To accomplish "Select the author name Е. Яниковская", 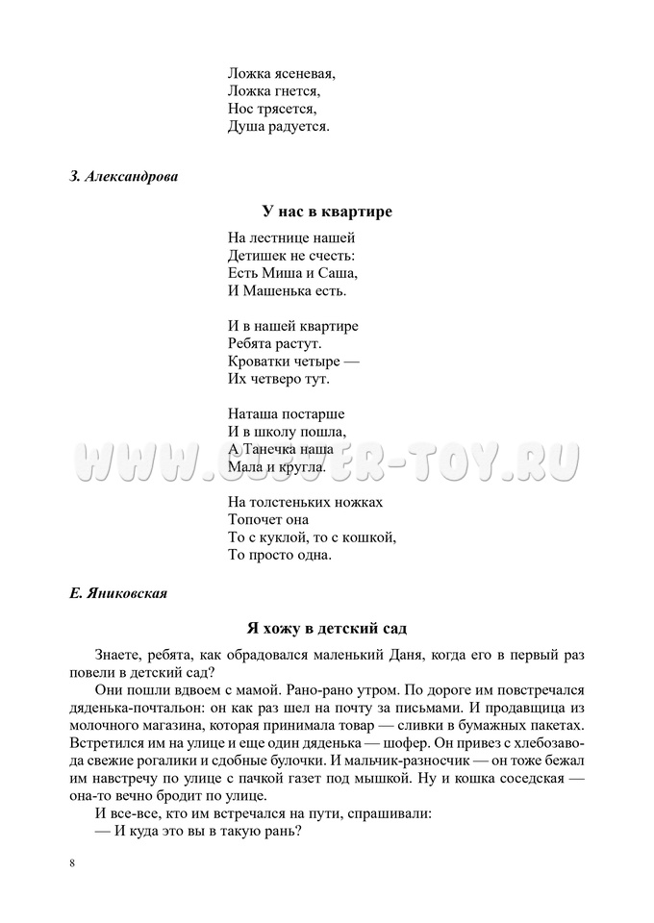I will (x=118, y=593).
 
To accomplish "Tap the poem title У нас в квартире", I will (x=327, y=212).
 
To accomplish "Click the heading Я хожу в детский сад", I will (x=327, y=629).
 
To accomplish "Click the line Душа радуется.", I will (x=278, y=126).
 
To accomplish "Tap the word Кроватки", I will (x=258, y=362).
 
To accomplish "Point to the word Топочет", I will (x=255, y=520).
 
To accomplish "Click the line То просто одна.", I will (x=279, y=556).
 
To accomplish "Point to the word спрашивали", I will (x=386, y=814).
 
